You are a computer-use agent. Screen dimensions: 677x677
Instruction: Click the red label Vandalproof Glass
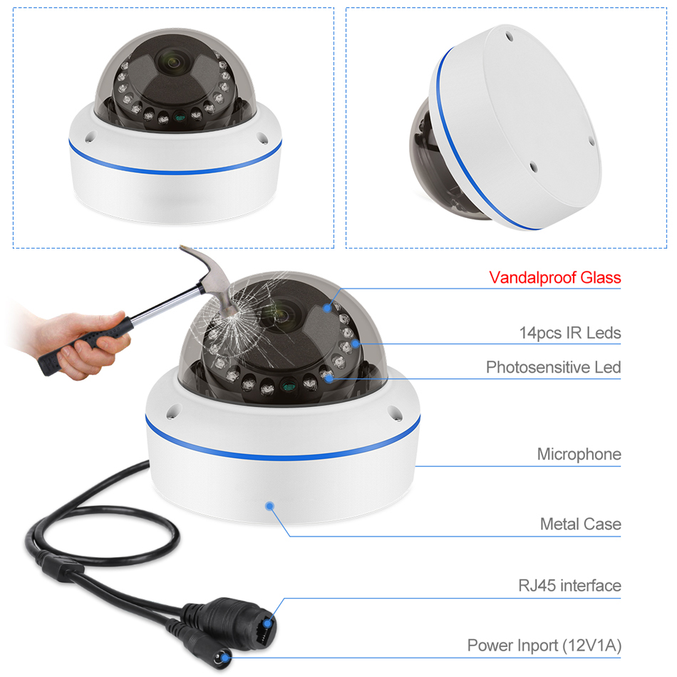click(x=555, y=278)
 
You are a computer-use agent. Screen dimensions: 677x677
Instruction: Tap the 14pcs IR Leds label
click(x=570, y=333)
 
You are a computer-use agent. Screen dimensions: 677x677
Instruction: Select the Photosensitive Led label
click(x=554, y=367)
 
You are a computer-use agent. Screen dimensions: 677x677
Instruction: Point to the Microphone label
click(x=579, y=454)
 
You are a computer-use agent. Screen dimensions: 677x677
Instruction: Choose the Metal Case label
click(x=581, y=524)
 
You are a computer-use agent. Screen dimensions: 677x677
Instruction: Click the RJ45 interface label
click(x=570, y=586)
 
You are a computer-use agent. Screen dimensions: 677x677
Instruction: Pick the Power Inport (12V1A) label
click(x=544, y=646)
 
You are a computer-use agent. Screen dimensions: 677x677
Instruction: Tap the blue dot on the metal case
click(x=270, y=505)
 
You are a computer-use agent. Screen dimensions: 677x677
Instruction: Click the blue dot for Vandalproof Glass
click(x=327, y=308)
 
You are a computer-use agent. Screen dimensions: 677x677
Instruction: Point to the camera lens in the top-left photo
click(x=172, y=63)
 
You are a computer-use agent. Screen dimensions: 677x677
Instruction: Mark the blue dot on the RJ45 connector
click(x=268, y=623)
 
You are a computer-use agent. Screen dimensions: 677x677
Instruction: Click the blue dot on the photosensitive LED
click(x=329, y=378)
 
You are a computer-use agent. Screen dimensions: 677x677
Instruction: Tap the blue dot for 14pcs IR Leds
click(x=355, y=343)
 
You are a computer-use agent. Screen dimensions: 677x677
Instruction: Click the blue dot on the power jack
click(x=225, y=658)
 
